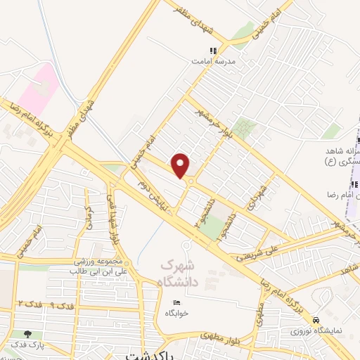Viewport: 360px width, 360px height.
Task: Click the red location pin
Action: pyautogui.click(x=181, y=165)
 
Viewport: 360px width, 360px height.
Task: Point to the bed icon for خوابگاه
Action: pyautogui.click(x=177, y=302)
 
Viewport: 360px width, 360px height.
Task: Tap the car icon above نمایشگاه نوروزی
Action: pyautogui.click(x=316, y=319)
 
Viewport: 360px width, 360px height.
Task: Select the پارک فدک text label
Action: pyautogui.click(x=28, y=345)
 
